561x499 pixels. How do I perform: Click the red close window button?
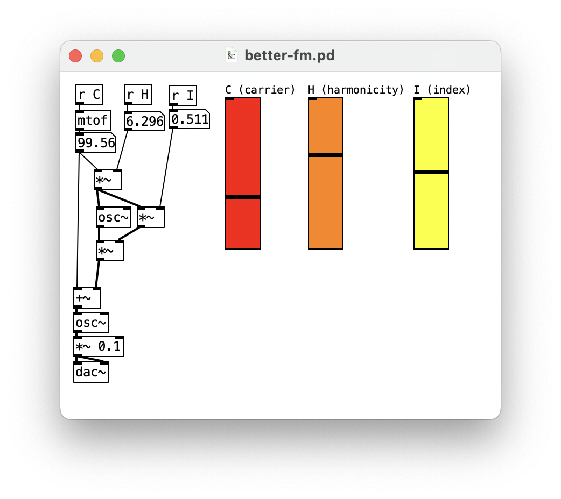(x=75, y=56)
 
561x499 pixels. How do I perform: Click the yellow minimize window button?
(x=97, y=56)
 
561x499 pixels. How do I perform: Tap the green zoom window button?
(x=118, y=56)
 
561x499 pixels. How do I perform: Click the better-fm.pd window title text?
(x=289, y=55)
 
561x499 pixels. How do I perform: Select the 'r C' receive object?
(x=89, y=95)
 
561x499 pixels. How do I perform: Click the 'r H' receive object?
(x=138, y=95)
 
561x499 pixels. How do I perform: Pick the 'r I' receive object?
(x=183, y=96)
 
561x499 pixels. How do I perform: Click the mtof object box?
(x=93, y=120)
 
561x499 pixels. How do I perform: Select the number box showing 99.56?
(x=96, y=143)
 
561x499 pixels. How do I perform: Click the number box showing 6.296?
(x=144, y=122)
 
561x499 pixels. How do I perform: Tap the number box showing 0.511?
(x=190, y=119)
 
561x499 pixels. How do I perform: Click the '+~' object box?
(x=87, y=298)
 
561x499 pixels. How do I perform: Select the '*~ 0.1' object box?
(x=99, y=346)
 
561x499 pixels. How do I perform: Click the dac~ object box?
(x=91, y=372)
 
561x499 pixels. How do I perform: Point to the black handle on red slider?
(x=243, y=197)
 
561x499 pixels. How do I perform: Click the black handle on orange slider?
(x=326, y=155)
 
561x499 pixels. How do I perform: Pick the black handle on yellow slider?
(x=431, y=172)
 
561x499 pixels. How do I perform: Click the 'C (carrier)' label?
(x=260, y=90)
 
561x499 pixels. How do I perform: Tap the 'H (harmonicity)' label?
(x=356, y=90)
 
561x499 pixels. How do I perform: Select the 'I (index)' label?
(x=442, y=90)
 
